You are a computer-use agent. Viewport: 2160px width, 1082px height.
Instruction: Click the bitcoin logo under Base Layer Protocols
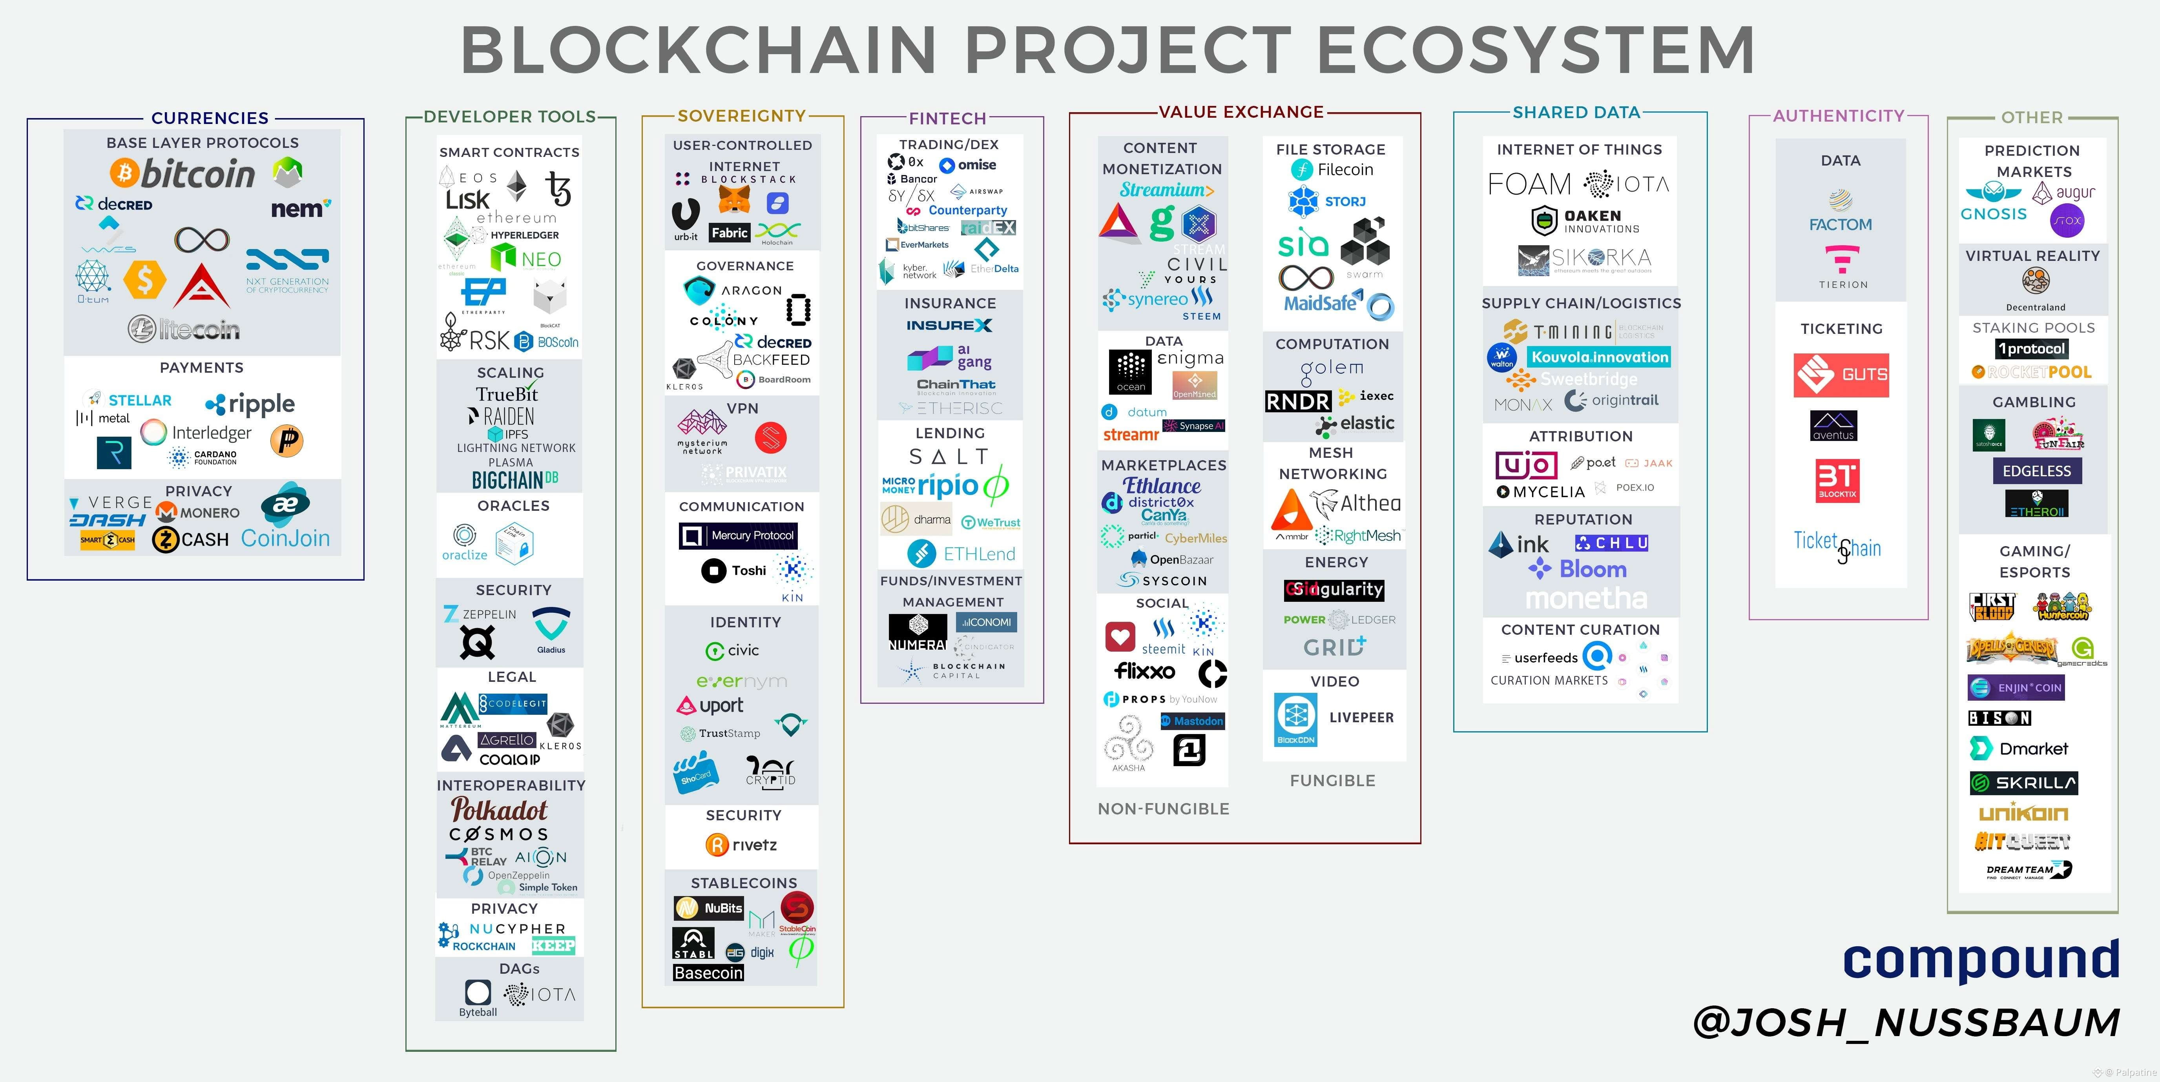[183, 173]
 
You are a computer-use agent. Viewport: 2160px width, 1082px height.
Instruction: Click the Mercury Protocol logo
[738, 536]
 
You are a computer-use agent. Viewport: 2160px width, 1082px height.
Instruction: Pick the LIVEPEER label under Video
[1361, 718]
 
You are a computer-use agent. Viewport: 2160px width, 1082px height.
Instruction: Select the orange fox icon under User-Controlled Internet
[735, 199]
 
